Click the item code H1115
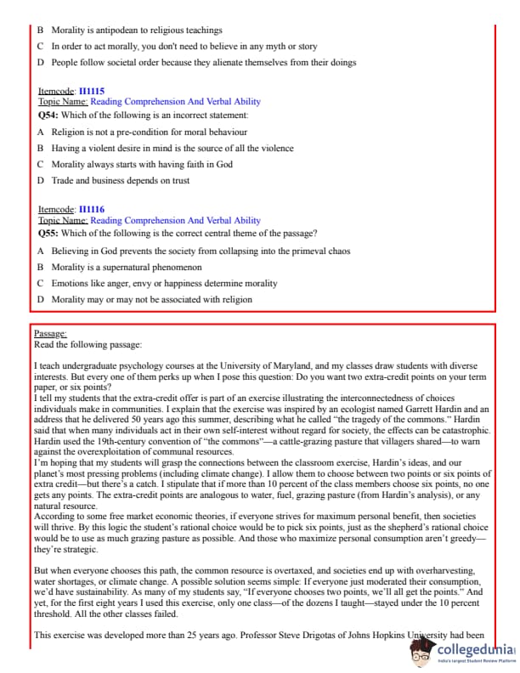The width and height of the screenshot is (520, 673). tap(92, 90)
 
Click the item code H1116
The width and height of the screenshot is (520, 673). tap(92, 209)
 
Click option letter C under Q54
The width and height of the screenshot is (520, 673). tap(41, 164)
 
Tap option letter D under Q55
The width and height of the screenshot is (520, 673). tap(41, 299)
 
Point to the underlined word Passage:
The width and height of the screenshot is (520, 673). tap(50, 334)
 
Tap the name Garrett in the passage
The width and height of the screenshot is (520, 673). tap(389, 409)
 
